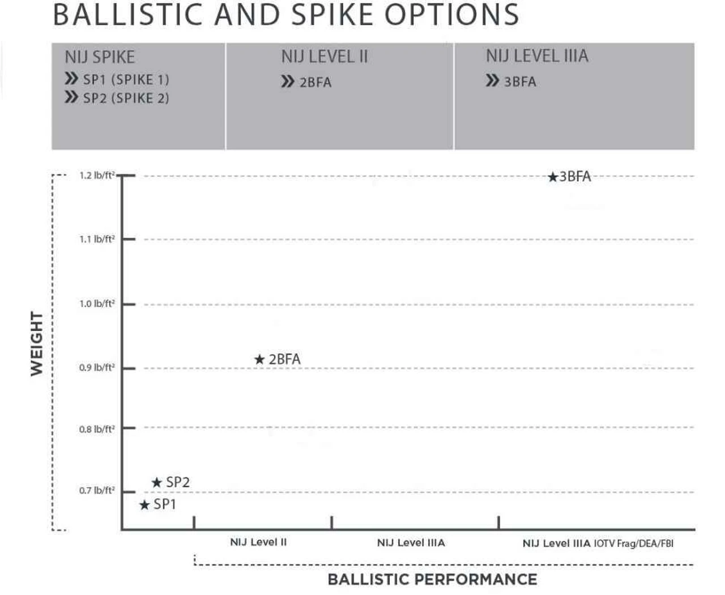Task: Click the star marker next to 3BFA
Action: click(x=553, y=177)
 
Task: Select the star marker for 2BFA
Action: click(x=259, y=359)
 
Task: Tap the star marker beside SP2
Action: click(x=157, y=483)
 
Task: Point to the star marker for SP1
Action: click(x=144, y=504)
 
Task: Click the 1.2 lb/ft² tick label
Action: click(x=97, y=176)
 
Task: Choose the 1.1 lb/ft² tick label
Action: click(x=97, y=239)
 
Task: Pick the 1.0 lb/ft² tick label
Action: click(x=97, y=304)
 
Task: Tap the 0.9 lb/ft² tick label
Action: click(x=97, y=368)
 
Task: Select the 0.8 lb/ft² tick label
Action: click(x=97, y=429)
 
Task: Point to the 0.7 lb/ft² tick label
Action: click(x=97, y=490)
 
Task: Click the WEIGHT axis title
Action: click(x=37, y=343)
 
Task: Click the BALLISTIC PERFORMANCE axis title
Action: click(x=432, y=579)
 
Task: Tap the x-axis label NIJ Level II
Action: click(x=258, y=542)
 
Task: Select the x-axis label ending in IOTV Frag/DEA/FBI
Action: click(x=598, y=543)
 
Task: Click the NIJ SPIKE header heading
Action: click(x=100, y=57)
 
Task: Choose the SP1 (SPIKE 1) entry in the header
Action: click(x=126, y=79)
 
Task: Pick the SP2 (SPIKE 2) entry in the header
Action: click(x=126, y=98)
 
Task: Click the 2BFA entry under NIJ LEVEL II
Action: click(x=315, y=83)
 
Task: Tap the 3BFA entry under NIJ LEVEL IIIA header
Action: click(x=519, y=82)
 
